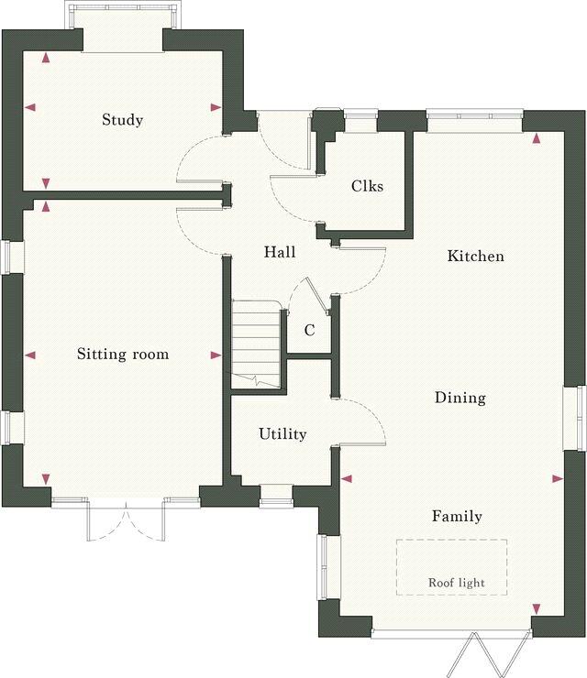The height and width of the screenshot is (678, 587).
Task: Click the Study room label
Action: point(122,120)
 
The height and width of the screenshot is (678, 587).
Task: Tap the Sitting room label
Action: point(122,354)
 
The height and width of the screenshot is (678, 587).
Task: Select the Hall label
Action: point(280,252)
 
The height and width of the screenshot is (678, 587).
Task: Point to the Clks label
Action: point(367,186)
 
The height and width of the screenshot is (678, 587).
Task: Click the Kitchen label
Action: point(475,257)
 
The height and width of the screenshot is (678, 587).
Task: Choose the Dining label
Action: point(460,398)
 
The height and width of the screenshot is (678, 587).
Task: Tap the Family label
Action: point(457,517)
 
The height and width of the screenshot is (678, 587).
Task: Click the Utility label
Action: point(282,434)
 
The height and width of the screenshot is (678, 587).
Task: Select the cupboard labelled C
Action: point(309,331)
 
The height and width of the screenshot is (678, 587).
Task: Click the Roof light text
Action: point(456,583)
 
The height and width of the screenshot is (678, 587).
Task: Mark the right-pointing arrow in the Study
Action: point(216,107)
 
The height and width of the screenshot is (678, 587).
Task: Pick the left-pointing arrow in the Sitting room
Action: point(30,355)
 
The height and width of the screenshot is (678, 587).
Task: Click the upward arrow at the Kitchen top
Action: point(537,138)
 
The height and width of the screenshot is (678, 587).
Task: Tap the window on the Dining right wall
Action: point(573,418)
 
